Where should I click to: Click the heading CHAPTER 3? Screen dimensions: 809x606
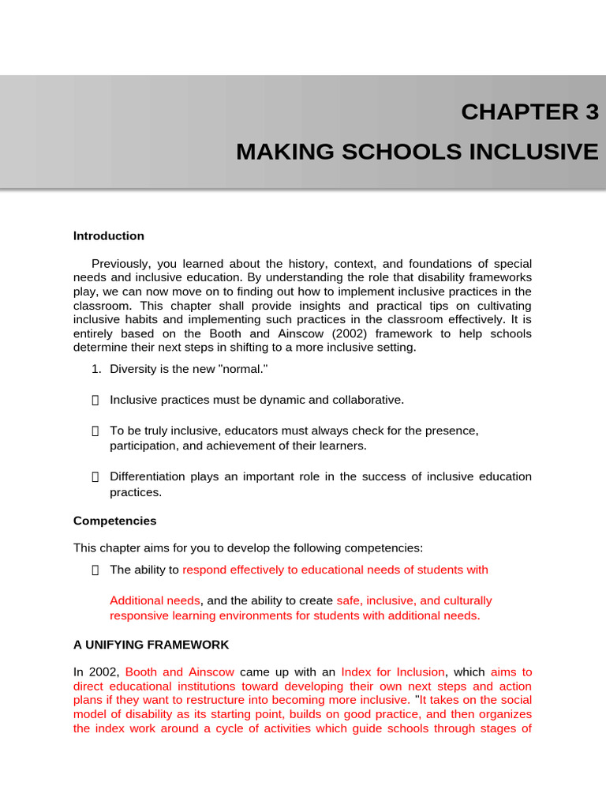pyautogui.click(x=529, y=113)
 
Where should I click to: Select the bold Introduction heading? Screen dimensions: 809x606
pyautogui.click(x=109, y=236)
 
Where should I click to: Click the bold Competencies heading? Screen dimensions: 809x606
pyautogui.click(x=115, y=521)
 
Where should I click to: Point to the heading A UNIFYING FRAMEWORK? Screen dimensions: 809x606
pyautogui.click(x=151, y=645)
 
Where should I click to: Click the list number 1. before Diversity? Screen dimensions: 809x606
pyautogui.click(x=97, y=370)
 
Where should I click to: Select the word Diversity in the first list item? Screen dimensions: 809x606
pyautogui.click(x=134, y=370)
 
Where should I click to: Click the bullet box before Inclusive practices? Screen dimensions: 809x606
pyautogui.click(x=95, y=401)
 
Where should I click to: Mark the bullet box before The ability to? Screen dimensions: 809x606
pyautogui.click(x=95, y=570)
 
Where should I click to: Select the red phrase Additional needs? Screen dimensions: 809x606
pyautogui.click(x=155, y=601)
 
